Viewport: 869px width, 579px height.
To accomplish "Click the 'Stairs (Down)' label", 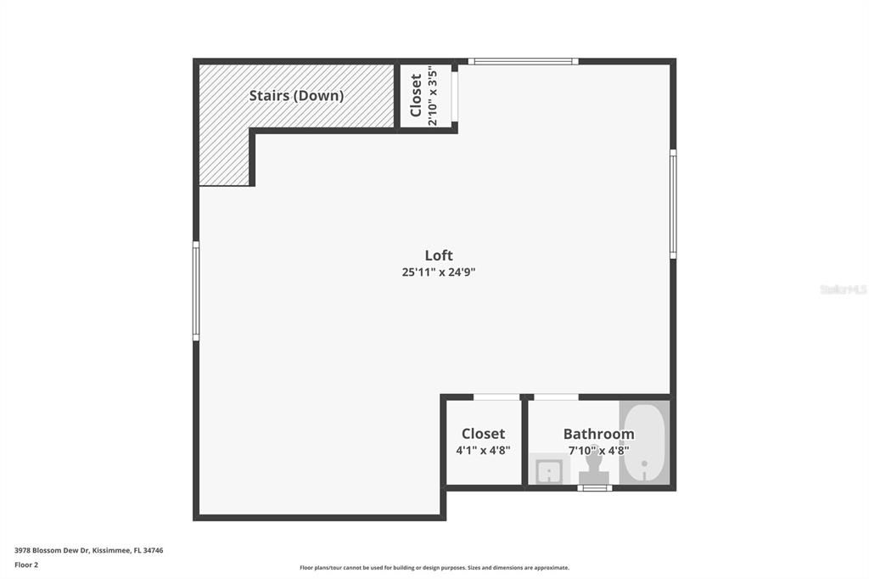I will point(296,96).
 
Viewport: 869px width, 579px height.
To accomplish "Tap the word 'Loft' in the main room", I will point(439,255).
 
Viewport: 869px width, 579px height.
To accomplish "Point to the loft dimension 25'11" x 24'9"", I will point(444,273).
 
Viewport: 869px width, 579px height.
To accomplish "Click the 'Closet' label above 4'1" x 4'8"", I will point(483,434).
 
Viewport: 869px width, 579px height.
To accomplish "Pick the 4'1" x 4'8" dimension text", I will point(483,451).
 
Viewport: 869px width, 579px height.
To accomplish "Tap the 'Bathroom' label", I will point(598,434).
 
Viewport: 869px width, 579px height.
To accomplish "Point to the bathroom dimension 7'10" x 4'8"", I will point(598,451).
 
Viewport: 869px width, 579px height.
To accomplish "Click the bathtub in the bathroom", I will point(645,443).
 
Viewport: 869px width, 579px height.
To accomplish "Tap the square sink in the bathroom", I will point(547,469).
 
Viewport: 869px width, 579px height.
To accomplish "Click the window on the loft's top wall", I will point(523,61).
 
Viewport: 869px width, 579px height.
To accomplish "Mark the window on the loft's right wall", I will point(673,204).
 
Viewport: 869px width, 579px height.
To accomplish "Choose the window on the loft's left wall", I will point(196,291).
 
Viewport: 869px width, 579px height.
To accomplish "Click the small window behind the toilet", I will point(594,488).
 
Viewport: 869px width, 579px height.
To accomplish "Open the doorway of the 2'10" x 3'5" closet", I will point(455,96).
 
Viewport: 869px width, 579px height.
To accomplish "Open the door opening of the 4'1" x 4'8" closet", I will point(496,396).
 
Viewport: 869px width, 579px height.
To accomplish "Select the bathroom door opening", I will point(556,396).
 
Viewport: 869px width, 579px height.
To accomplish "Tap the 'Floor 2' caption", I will point(26,565).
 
